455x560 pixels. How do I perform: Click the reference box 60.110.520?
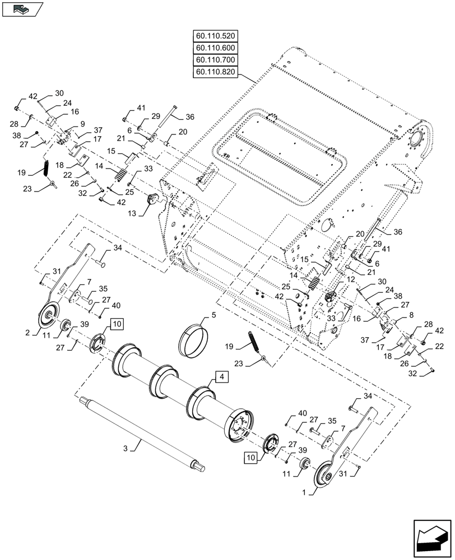tap(216, 36)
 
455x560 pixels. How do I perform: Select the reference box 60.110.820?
tap(216, 72)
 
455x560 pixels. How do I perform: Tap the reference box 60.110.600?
tap(216, 48)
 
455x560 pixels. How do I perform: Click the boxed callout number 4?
tap(222, 377)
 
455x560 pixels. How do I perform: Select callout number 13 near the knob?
tap(132, 213)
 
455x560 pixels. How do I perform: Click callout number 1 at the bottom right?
tap(304, 492)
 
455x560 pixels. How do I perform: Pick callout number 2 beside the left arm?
tap(27, 333)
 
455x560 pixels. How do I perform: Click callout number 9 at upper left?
tap(82, 124)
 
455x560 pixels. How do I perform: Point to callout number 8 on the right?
tap(401, 315)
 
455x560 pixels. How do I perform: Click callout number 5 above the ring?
tap(213, 315)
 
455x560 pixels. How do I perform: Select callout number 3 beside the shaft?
tap(126, 449)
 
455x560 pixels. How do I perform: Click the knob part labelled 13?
tap(154, 198)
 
